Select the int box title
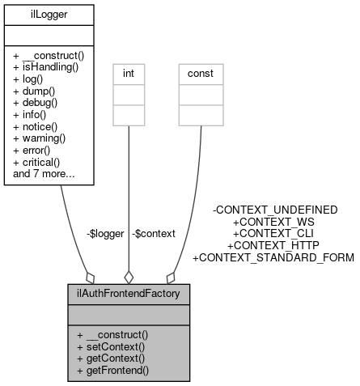pyautogui.click(x=128, y=72)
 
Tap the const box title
pyautogui.click(x=200, y=72)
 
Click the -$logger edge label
pyautogui.click(x=104, y=233)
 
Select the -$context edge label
pyautogui.click(x=154, y=233)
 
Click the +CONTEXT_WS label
pyautogui.click(x=273, y=221)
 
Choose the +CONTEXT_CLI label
pyautogui.click(x=273, y=233)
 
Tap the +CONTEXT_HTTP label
pyautogui.click(x=273, y=245)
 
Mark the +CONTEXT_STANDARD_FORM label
pyautogui.click(x=273, y=257)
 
